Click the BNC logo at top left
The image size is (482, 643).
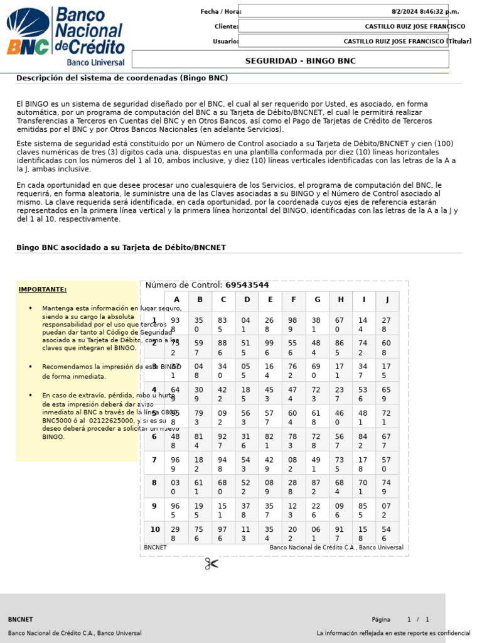[x=65, y=36]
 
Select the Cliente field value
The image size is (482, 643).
[x=415, y=26]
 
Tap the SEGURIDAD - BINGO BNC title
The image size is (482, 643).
[x=300, y=61]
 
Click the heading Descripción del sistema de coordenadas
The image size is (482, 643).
[x=122, y=78]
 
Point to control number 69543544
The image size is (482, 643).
[x=247, y=285]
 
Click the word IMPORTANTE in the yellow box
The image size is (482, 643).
[x=43, y=289]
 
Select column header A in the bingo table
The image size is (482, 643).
[x=176, y=300]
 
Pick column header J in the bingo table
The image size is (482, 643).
[x=387, y=300]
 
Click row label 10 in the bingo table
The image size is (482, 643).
[x=155, y=529]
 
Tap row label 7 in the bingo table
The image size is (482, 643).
[x=154, y=460]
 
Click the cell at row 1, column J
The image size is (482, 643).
[x=387, y=325]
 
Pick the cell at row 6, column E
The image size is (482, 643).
[x=270, y=441]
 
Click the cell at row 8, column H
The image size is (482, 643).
[x=340, y=487]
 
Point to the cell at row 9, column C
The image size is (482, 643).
[x=222, y=511]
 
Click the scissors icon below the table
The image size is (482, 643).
[x=212, y=564]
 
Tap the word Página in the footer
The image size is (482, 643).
[x=380, y=619]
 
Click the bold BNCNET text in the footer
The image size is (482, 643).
[x=21, y=619]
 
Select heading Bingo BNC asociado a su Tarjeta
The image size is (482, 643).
[x=120, y=247]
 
